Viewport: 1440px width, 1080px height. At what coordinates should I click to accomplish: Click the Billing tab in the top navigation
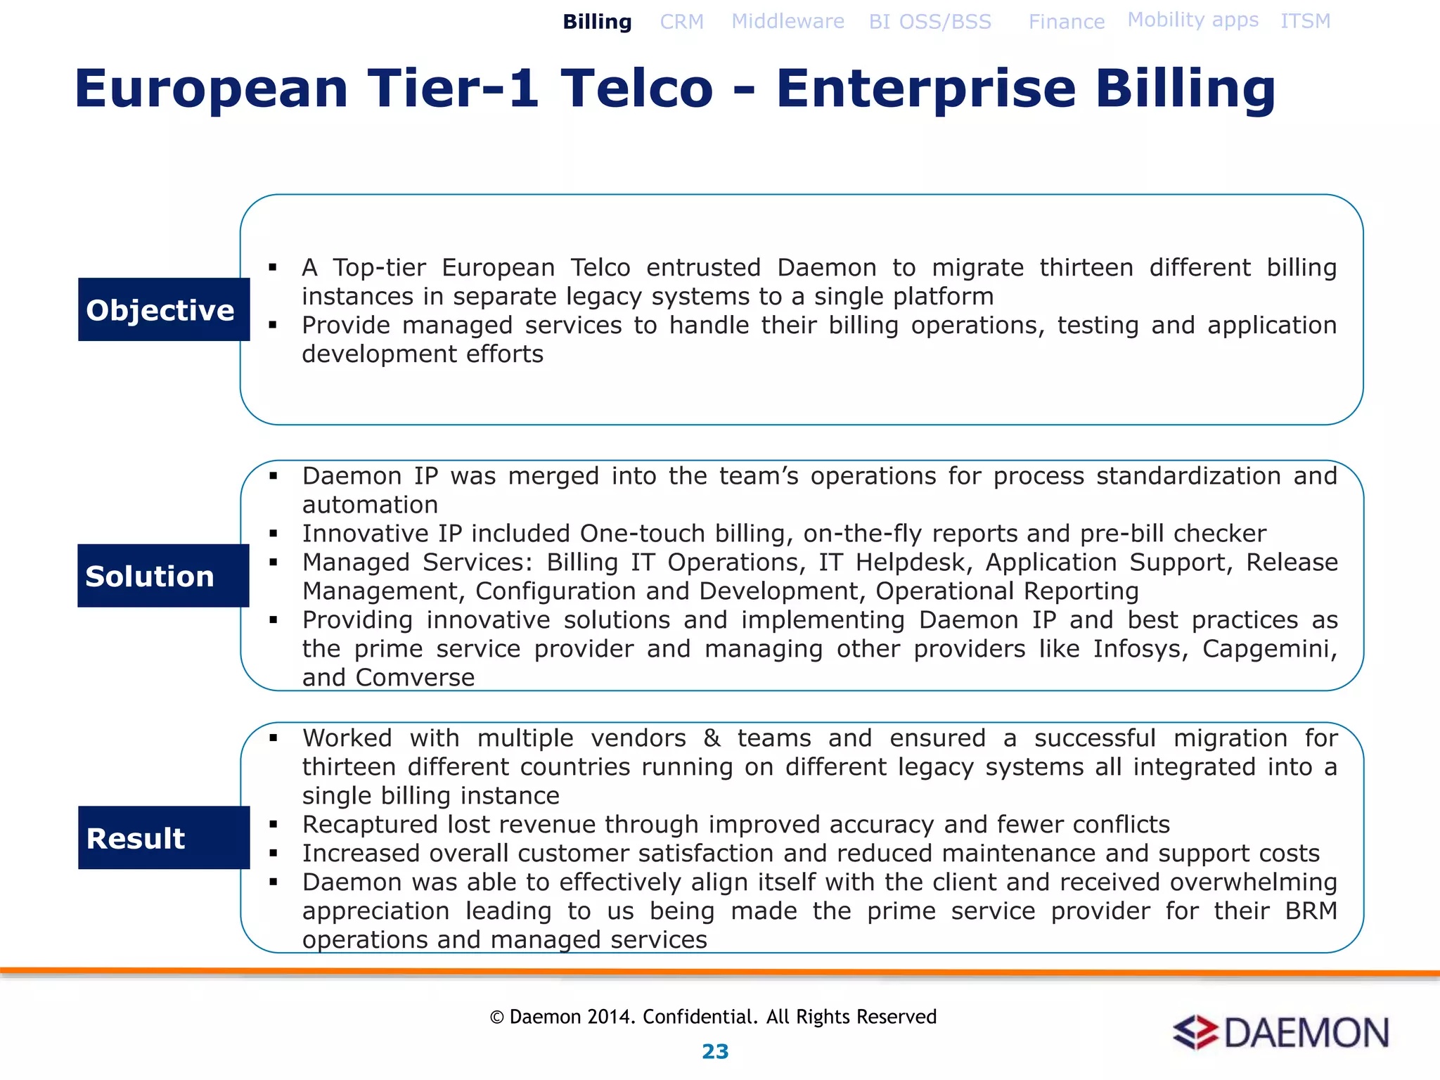597,22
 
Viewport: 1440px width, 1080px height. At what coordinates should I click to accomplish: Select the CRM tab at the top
681,22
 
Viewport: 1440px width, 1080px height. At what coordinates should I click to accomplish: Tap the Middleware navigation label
787,21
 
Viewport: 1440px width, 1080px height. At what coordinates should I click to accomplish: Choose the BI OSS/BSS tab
930,22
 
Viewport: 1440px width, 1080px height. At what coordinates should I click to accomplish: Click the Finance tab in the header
1066,22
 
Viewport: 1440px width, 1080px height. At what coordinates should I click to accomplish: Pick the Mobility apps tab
1192,20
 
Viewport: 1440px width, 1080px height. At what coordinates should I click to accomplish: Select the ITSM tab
1305,21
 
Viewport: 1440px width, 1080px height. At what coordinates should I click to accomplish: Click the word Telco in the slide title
636,89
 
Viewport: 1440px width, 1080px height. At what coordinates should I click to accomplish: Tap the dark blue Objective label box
164,309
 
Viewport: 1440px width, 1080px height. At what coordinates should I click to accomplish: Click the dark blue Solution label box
163,576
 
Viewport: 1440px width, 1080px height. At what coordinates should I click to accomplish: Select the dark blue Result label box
164,837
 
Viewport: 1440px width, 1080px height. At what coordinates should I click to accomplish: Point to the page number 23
715,1051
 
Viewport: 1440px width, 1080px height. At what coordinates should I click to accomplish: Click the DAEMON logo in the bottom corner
1281,1032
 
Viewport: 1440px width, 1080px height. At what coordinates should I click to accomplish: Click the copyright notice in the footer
713,1017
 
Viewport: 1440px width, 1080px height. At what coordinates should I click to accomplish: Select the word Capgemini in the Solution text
1268,648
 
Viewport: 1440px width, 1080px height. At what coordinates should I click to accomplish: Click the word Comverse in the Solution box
415,677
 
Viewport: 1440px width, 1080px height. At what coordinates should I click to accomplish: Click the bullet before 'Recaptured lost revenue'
274,825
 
